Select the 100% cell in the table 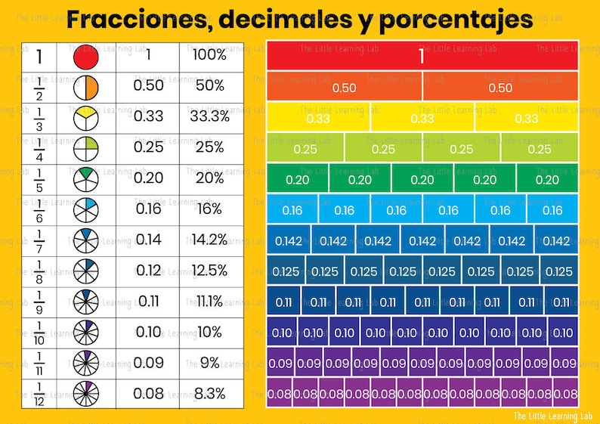tap(210, 54)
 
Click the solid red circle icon tap(85, 57)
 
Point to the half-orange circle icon tap(85, 88)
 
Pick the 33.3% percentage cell tap(210, 116)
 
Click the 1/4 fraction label tap(39, 149)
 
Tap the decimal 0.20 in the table tap(148, 178)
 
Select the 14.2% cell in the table tap(210, 240)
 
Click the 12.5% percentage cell tap(210, 271)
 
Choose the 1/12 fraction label tap(39, 394)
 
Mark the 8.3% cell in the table tap(210, 394)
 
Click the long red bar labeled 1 tap(422, 56)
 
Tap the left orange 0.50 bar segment tap(344, 87)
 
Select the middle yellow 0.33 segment tap(422, 117)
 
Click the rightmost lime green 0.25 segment tap(540, 148)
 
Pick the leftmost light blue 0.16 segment tap(292, 209)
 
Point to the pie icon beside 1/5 tap(85, 179)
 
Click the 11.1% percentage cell tap(210, 302)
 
